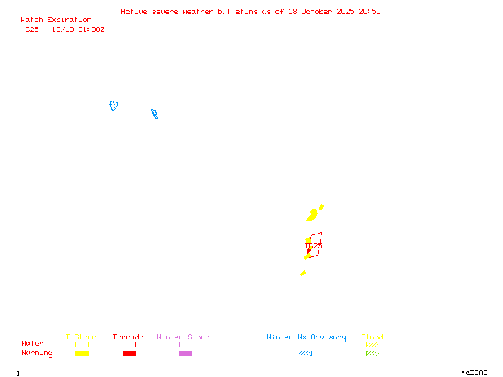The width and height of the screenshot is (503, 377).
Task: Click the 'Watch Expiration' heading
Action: click(56, 20)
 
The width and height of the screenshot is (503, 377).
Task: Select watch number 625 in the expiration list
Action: click(32, 30)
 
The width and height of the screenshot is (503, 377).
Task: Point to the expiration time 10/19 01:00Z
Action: click(78, 30)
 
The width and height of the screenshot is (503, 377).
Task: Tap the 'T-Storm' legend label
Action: click(81, 337)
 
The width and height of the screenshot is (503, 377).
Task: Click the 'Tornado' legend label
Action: click(128, 337)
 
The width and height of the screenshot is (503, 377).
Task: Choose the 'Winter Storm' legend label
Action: click(183, 337)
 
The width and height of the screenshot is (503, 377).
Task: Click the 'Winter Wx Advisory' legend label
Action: click(306, 337)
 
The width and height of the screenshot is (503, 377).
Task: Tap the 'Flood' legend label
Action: click(372, 337)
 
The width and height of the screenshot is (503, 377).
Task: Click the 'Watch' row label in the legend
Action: click(33, 344)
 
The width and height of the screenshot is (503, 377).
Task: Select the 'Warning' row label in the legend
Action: click(37, 353)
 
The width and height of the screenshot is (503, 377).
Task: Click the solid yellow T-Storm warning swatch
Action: click(82, 354)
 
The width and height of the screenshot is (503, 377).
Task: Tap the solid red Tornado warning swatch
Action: click(129, 354)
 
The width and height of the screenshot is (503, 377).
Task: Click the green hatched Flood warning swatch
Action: click(372, 354)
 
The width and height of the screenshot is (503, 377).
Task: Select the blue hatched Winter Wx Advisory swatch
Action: click(305, 354)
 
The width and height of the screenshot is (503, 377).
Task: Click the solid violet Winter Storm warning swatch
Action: click(185, 354)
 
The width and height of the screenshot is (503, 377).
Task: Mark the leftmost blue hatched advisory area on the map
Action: click(114, 106)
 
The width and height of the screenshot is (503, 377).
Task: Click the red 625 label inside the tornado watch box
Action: click(316, 246)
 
